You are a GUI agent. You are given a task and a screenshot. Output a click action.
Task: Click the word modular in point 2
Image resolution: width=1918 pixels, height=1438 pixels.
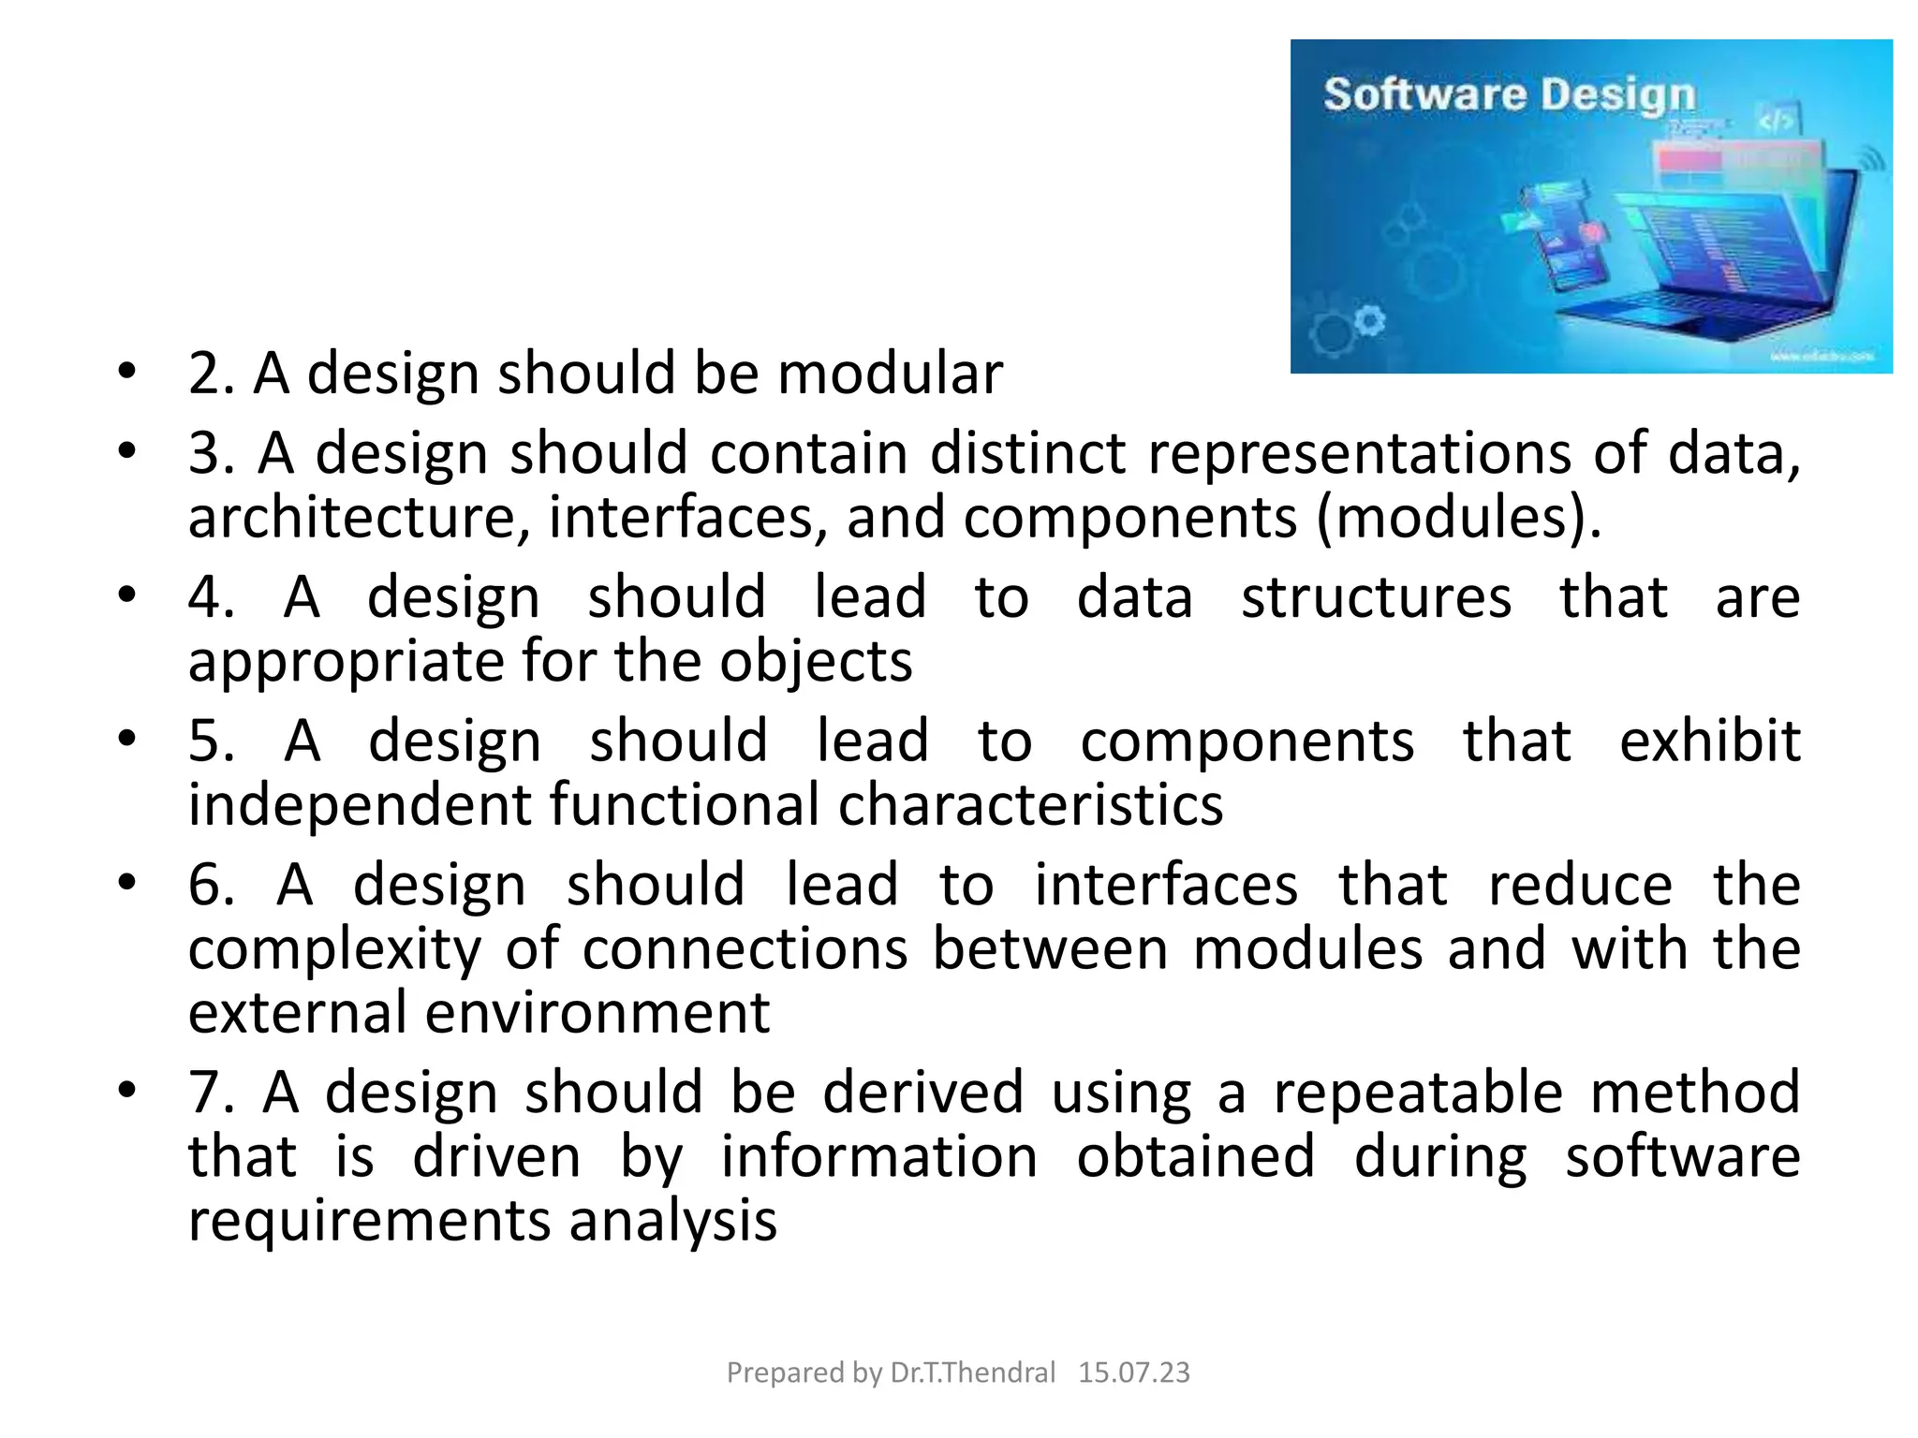pos(890,374)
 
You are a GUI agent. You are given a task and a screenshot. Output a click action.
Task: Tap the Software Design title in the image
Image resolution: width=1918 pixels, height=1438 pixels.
pos(1509,95)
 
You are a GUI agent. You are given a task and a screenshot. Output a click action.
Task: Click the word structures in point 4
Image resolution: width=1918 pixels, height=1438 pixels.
pos(1376,597)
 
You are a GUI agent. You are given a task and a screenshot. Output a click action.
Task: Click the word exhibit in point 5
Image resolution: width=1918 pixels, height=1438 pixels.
pos(1709,741)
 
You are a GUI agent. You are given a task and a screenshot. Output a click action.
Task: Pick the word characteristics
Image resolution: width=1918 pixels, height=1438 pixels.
pos(1030,805)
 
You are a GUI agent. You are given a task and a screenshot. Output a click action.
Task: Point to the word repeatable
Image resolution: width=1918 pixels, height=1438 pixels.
pos(1418,1093)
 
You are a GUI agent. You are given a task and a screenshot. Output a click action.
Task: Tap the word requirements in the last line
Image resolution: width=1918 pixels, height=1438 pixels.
pos(369,1221)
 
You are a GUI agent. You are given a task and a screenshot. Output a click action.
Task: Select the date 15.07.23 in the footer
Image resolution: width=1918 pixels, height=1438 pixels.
pos(1133,1372)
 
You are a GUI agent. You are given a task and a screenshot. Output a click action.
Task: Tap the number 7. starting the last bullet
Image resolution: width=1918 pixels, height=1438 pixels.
pos(211,1093)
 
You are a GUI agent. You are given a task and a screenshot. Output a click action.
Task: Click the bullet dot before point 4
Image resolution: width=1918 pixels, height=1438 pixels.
pos(127,595)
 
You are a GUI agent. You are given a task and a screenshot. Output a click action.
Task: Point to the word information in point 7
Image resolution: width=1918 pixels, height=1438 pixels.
pos(878,1156)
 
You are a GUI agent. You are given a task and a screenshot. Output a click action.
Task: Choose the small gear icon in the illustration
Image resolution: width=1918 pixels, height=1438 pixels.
pos(1369,320)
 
